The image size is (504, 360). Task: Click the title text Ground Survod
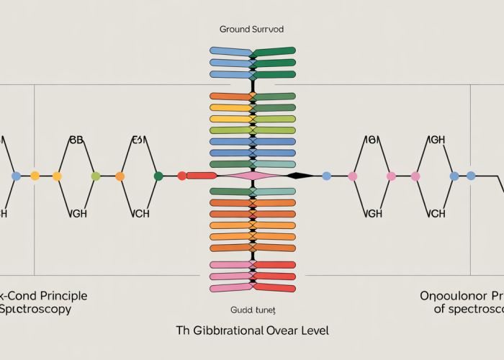click(252, 30)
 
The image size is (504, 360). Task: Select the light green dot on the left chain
click(95, 176)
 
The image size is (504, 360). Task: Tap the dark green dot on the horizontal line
click(158, 176)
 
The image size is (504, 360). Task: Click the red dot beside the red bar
click(181, 176)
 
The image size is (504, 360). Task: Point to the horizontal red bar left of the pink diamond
click(202, 176)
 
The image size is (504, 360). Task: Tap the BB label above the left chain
click(76, 140)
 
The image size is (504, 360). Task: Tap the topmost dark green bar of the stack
click(274, 51)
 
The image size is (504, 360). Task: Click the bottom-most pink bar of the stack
click(230, 287)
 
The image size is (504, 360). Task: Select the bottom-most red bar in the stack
click(274, 287)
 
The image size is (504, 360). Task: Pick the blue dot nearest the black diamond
click(326, 176)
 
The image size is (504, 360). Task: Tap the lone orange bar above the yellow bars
click(230, 96)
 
